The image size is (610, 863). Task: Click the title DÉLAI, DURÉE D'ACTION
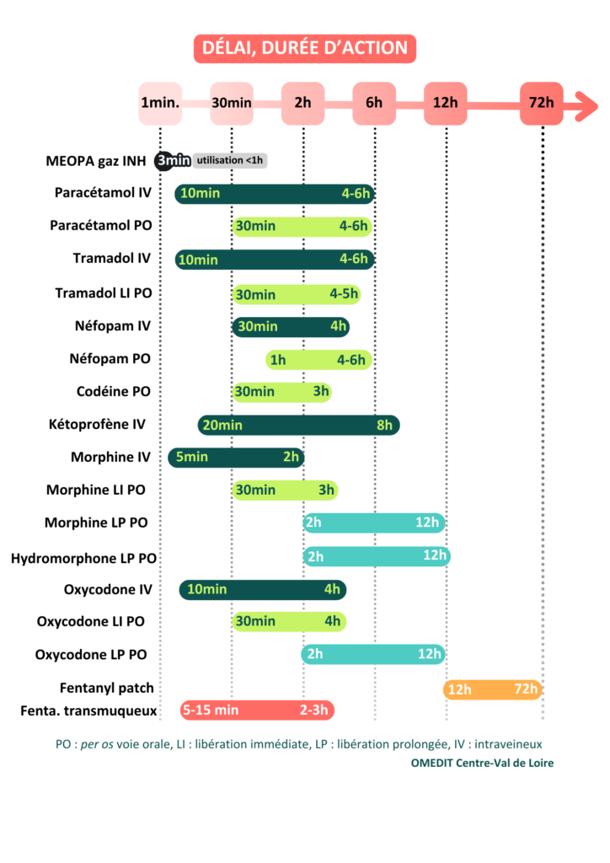pos(304,48)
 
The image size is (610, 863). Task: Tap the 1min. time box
pos(160,104)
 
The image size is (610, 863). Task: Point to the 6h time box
pos(374,104)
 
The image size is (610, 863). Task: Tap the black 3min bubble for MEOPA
pos(173,160)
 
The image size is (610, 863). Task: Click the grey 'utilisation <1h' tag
pos(230,160)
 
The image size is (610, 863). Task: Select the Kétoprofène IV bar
pos(298,425)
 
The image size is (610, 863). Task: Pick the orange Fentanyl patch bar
pos(493,689)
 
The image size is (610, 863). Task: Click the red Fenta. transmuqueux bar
pos(257,710)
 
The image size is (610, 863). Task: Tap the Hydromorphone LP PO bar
pos(377,556)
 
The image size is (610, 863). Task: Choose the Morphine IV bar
pos(236,457)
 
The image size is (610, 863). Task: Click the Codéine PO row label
pos(114,391)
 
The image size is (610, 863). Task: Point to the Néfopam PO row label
pos(110,359)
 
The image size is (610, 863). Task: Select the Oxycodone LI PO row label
pos(91,622)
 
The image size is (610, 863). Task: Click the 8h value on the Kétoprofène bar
pos(384,426)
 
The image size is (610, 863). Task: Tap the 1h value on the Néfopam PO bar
pos(277,361)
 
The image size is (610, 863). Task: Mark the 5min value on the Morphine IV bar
pos(190,458)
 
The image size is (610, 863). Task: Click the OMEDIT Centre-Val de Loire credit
pos(483,763)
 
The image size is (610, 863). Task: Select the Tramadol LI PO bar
pos(297,294)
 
